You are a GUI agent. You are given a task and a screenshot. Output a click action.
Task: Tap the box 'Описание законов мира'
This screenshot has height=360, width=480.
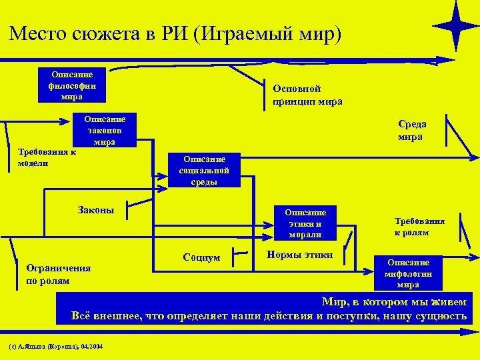105,130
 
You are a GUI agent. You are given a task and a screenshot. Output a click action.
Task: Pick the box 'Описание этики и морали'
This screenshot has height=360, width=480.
305,223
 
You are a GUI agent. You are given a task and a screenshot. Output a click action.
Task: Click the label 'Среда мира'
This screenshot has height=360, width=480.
412,130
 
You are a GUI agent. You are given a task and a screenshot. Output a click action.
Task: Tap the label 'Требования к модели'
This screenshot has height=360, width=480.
47,157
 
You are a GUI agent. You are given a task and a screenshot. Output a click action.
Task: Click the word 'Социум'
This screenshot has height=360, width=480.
201,257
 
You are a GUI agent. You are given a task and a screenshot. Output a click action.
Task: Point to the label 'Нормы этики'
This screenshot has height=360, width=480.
299,255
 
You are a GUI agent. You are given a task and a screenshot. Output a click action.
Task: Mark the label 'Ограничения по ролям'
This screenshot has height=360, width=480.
57,274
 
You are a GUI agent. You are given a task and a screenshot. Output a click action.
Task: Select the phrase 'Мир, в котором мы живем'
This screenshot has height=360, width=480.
394,301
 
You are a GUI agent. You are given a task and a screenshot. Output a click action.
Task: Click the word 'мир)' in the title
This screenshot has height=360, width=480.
319,33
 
